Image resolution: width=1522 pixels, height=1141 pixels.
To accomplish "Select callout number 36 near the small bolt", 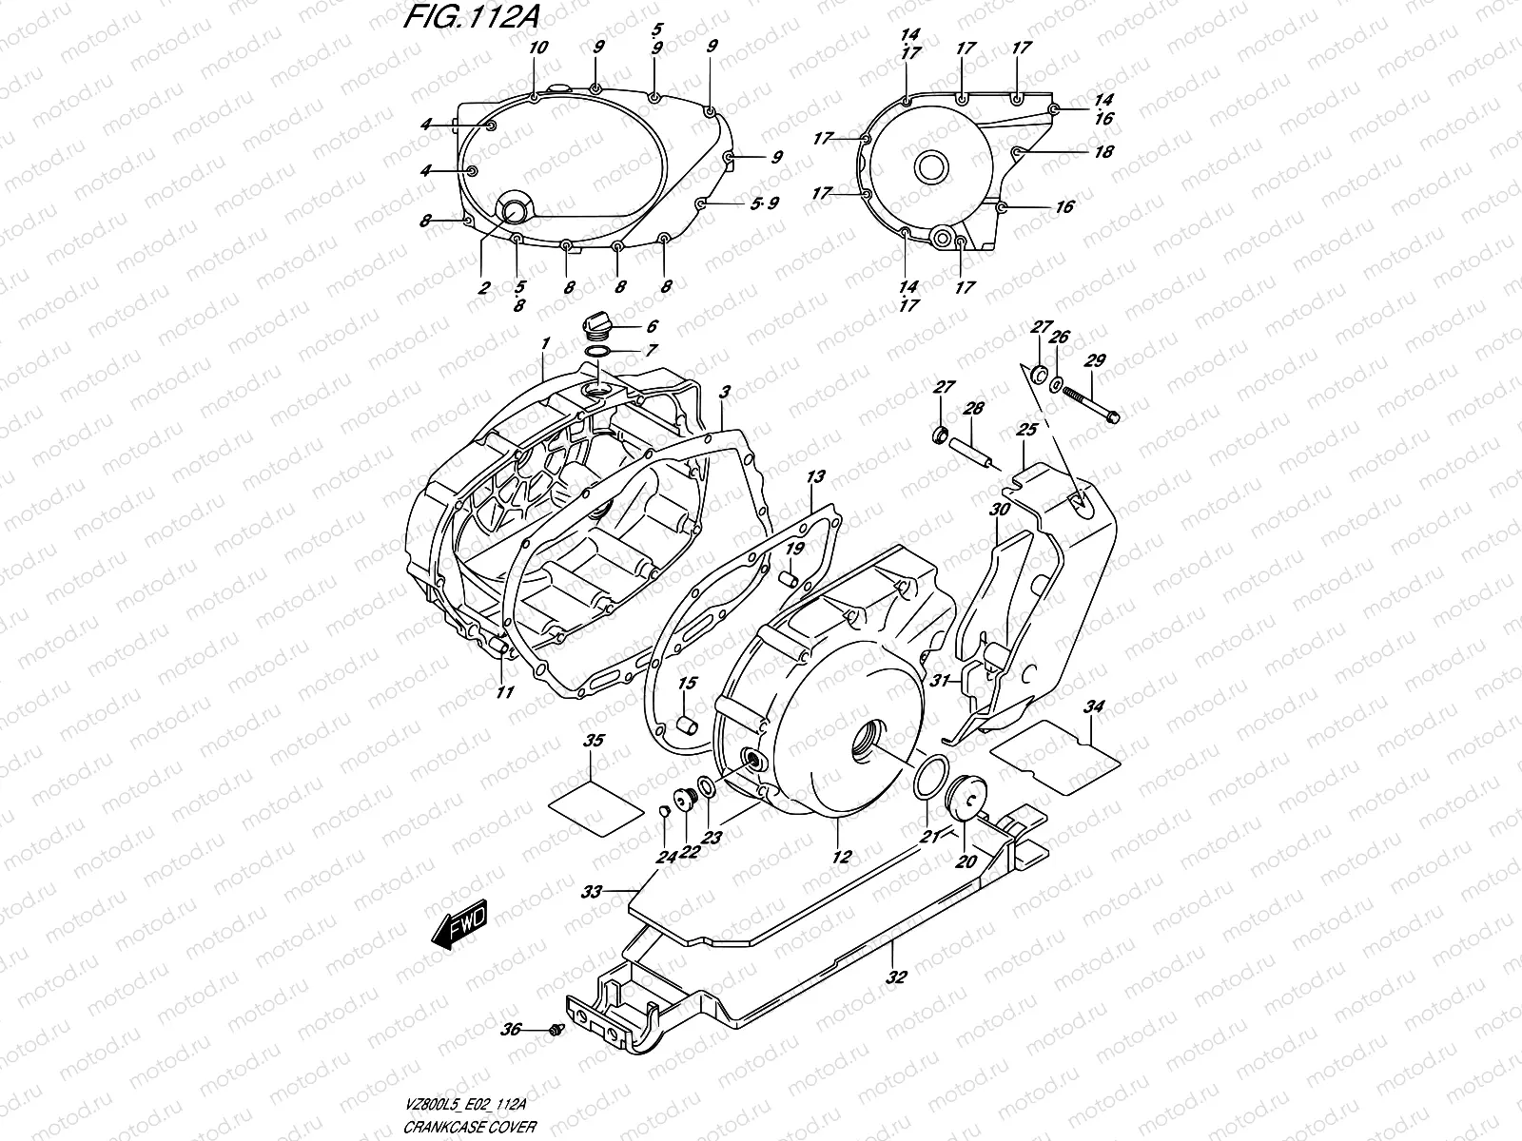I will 512,1030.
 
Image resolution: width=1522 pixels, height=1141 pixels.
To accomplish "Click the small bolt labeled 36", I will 556,1029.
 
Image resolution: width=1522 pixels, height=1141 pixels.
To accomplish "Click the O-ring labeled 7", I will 597,353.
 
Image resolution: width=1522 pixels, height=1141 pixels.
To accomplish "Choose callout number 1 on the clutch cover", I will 545,342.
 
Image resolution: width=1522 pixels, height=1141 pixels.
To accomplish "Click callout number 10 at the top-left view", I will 537,48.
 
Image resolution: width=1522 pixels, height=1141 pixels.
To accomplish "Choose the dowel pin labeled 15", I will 685,728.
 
